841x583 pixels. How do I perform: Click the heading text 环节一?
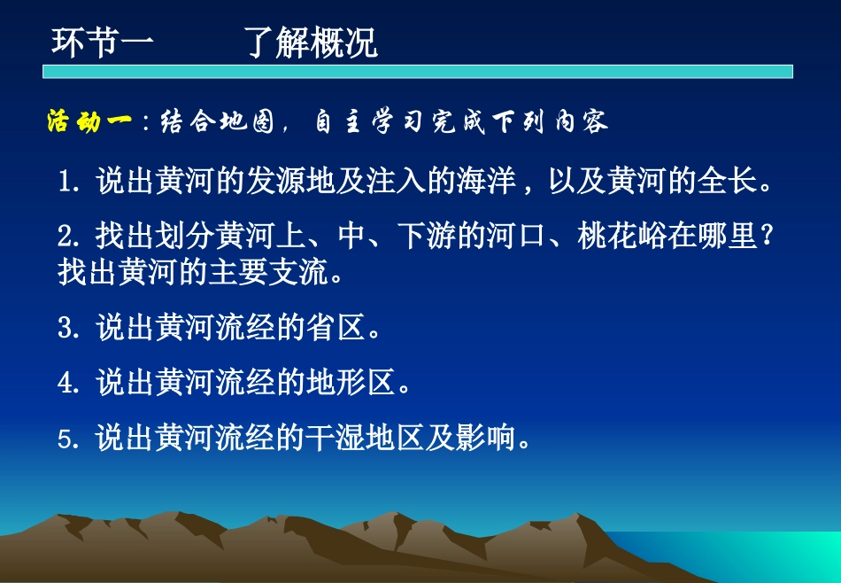(103, 42)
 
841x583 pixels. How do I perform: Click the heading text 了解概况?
(312, 42)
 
